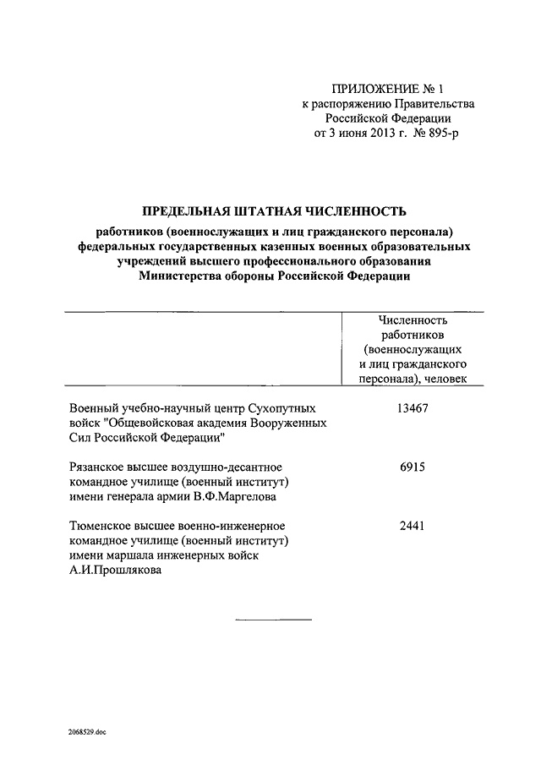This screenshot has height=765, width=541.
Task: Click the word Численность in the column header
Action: [x=413, y=320]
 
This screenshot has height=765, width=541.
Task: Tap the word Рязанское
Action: [x=101, y=467]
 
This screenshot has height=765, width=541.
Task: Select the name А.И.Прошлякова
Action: [x=114, y=571]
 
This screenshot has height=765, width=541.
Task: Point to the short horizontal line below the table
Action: [x=272, y=620]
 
